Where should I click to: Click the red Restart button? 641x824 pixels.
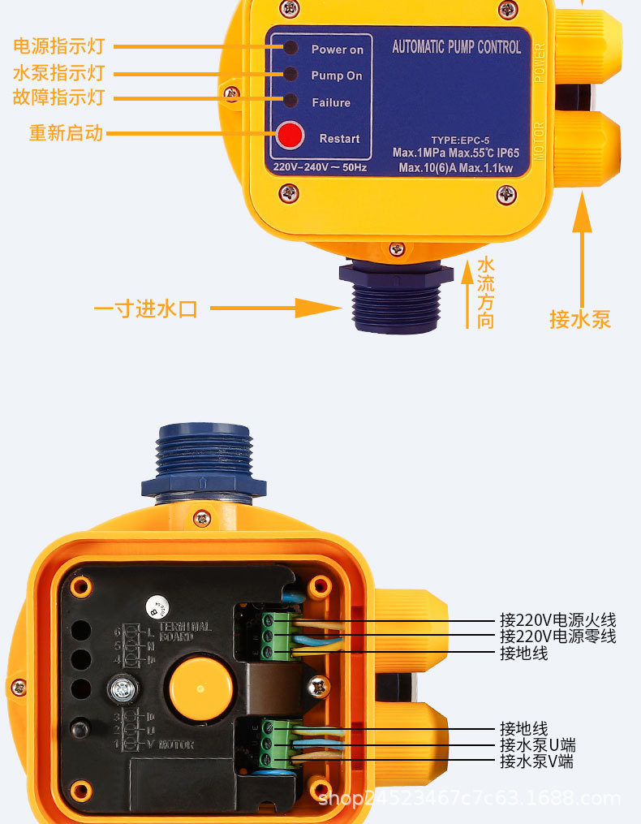click(x=290, y=136)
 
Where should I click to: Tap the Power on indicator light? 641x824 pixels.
click(x=290, y=48)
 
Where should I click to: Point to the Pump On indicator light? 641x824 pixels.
click(x=290, y=75)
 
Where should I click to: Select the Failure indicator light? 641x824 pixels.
click(x=290, y=101)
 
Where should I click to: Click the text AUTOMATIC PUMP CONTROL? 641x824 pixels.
click(x=456, y=47)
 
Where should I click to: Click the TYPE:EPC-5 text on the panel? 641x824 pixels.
click(x=460, y=140)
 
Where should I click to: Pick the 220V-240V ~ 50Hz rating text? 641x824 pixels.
click(x=320, y=167)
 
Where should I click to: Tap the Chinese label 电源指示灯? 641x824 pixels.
click(x=58, y=46)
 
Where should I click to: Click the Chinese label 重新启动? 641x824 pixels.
click(x=66, y=132)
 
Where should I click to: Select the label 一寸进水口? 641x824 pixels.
click(x=146, y=309)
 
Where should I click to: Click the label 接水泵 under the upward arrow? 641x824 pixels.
click(x=579, y=319)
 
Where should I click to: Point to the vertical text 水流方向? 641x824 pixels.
click(x=485, y=292)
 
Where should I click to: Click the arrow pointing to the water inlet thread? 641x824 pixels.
click(x=276, y=308)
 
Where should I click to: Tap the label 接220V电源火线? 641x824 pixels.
click(x=557, y=621)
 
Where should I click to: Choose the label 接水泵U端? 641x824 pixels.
click(x=537, y=745)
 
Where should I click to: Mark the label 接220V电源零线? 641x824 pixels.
click(x=557, y=636)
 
